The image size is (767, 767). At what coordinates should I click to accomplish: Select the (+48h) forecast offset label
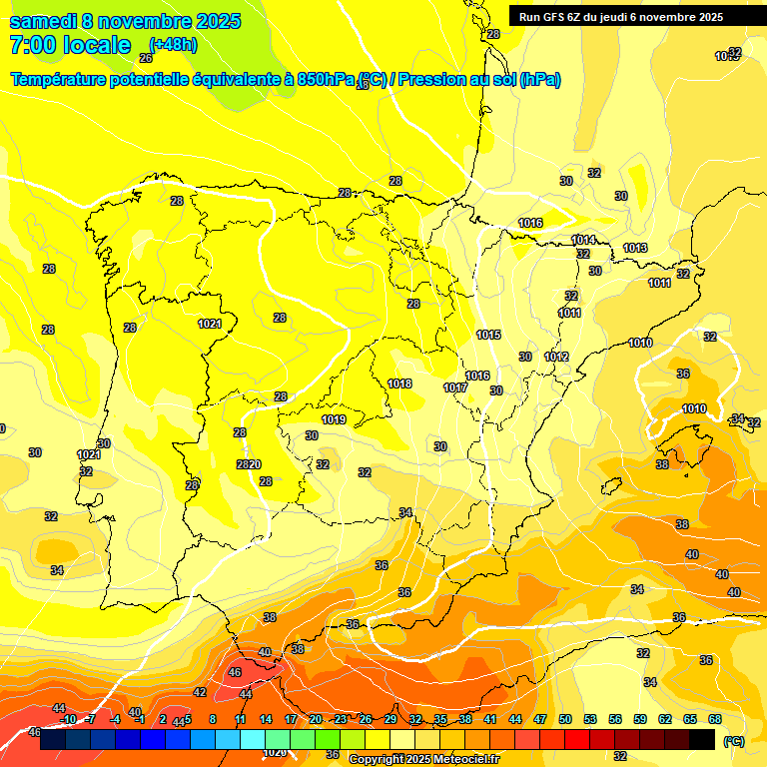point(173,45)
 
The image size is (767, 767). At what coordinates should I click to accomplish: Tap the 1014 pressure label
point(583,241)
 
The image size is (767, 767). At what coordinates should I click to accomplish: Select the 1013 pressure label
point(635,248)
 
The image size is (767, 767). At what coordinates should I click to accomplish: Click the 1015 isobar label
point(488,335)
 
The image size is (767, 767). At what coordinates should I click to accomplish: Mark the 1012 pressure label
point(556,357)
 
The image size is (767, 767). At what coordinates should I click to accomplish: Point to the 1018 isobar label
point(399,383)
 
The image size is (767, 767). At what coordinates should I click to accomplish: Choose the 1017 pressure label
point(455,387)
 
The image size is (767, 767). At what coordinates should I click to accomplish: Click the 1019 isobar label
point(334,419)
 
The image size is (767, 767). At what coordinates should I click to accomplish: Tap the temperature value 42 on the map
point(200,692)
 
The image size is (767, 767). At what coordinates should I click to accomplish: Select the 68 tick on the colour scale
point(715,719)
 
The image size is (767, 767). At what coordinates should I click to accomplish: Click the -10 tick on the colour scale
point(68,719)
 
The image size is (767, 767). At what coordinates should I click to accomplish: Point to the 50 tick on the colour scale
point(565,719)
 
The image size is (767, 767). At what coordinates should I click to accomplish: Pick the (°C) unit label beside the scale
point(733,741)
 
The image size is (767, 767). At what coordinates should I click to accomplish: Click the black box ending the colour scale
point(702,739)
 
